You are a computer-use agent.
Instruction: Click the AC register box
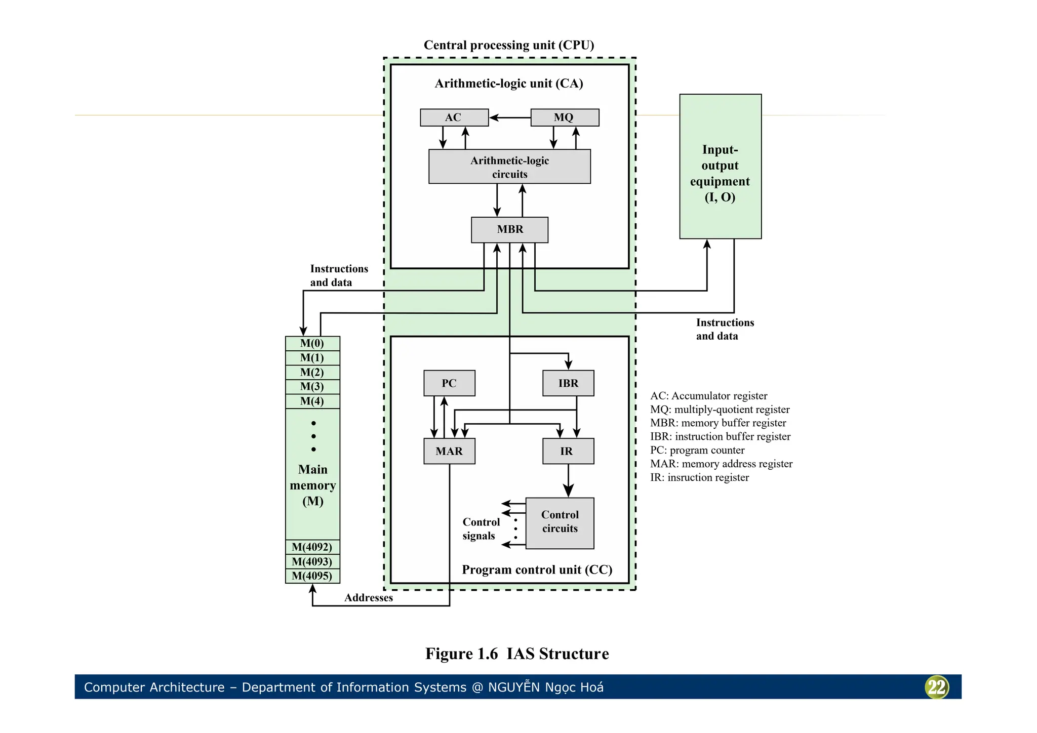[454, 117]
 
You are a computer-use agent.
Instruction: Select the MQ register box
[565, 117]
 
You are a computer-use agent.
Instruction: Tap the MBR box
[509, 230]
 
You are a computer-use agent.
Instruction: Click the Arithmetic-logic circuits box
[509, 167]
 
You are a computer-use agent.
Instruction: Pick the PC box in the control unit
[449, 383]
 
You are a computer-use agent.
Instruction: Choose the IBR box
[568, 383]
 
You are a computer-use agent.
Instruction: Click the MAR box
[449, 451]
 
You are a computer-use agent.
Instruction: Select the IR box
[568, 451]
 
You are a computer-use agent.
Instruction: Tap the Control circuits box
[560, 523]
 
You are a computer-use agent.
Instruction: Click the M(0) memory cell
[312, 343]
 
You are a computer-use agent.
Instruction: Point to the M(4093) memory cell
[312, 561]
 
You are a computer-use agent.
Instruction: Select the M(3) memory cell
[312, 387]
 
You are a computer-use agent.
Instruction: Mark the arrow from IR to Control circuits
[568, 481]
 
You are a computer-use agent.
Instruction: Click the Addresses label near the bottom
[369, 598]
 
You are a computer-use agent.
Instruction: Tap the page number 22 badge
[937, 687]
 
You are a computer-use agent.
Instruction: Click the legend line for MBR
[718, 423]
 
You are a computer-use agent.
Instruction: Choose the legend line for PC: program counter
[697, 450]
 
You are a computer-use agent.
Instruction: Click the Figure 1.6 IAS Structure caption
[517, 654]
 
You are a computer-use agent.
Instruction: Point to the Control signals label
[481, 529]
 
